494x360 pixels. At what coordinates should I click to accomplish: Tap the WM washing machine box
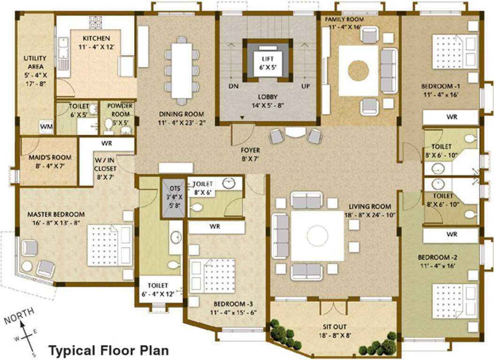(46, 127)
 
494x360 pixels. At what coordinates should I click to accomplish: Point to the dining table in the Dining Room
(182, 70)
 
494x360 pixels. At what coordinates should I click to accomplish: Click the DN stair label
(234, 87)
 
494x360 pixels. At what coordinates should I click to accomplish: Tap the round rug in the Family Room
(358, 70)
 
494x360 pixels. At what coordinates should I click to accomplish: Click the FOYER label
(250, 150)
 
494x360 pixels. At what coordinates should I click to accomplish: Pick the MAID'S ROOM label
(43, 158)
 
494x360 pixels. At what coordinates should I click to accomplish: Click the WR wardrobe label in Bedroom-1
(451, 117)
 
